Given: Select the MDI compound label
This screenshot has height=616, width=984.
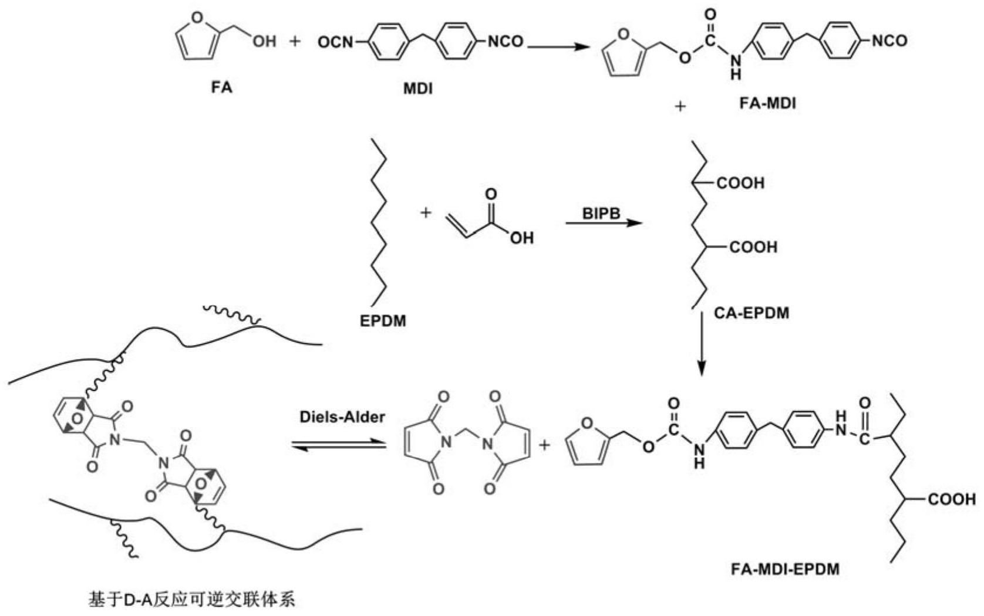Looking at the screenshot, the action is tap(418, 89).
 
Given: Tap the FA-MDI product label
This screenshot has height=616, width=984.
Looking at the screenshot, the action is tap(767, 103).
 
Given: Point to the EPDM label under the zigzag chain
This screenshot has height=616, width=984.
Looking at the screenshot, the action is tap(383, 321).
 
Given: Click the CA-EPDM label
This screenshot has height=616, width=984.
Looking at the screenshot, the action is tap(752, 313).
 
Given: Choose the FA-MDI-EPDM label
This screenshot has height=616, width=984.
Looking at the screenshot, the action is tap(785, 569).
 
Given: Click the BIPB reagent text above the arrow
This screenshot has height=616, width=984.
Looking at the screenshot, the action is tap(601, 214).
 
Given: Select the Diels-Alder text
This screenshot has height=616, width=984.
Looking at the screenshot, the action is tap(342, 417).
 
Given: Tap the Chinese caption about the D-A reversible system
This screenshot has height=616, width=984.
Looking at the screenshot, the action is tap(192, 600).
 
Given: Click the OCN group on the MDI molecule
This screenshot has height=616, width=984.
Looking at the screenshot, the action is tap(335, 42).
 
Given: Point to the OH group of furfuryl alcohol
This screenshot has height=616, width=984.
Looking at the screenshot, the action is tap(264, 41).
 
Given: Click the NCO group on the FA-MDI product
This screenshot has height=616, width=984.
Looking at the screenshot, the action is tap(889, 41).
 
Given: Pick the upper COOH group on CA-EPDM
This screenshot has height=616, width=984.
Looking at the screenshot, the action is tap(740, 182).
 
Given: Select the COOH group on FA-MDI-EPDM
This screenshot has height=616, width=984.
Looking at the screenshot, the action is tap(952, 499).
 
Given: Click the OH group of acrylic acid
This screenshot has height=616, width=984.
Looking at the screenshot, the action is tap(522, 238).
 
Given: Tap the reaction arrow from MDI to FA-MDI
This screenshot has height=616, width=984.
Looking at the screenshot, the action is tap(558, 46).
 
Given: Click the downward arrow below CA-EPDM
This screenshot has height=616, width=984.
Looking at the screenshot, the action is tap(702, 344).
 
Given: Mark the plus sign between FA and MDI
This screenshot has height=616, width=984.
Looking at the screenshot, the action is tap(296, 42).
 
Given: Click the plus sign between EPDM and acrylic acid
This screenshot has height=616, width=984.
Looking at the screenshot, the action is tap(426, 213).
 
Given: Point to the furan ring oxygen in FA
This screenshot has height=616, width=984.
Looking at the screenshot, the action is tap(198, 18).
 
